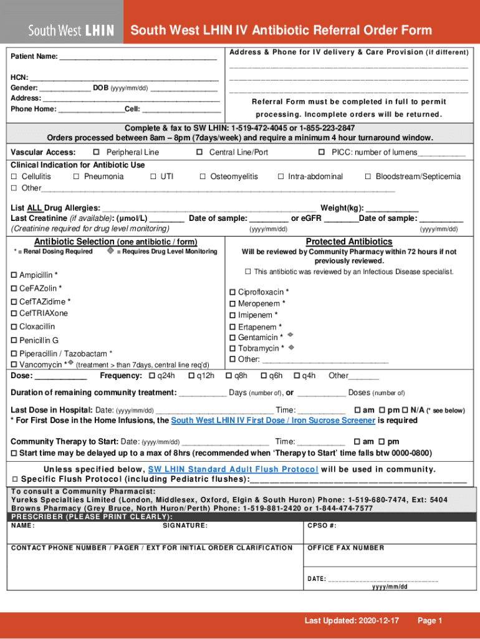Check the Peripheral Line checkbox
tap(97, 152)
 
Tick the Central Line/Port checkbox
tap(199, 152)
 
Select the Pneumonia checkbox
tap(76, 177)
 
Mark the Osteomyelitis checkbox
tap(203, 177)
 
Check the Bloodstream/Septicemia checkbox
tap(368, 177)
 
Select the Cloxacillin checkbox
tap(14, 327)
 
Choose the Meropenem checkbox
tap(233, 304)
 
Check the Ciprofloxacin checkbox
tap(233, 292)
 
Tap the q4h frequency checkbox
tap(297, 376)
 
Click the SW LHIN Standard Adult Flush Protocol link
tap(233, 469)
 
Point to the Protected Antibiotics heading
tap(348, 241)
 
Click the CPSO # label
tap(322, 525)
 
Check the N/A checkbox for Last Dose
tap(405, 410)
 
